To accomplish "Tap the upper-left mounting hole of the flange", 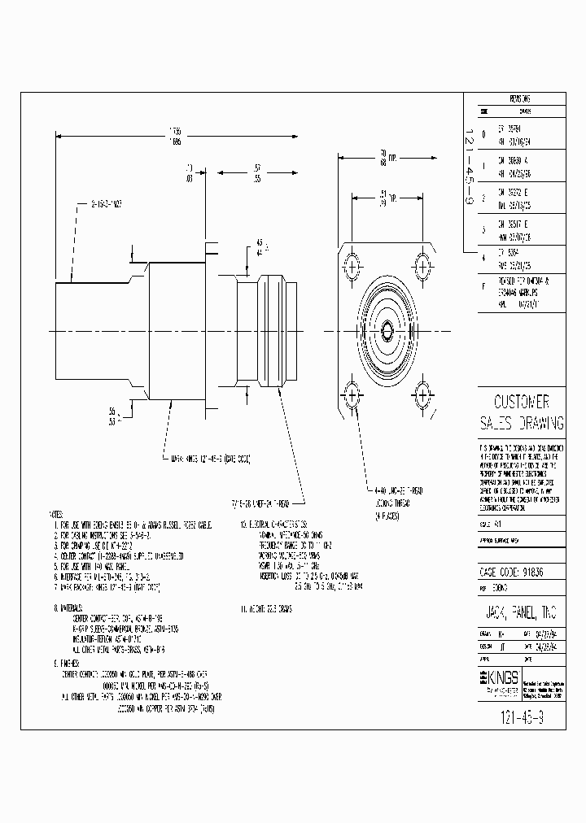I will click(x=352, y=265).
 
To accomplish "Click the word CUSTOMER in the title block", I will click(x=522, y=402).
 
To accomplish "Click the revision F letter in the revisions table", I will click(x=483, y=285).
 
